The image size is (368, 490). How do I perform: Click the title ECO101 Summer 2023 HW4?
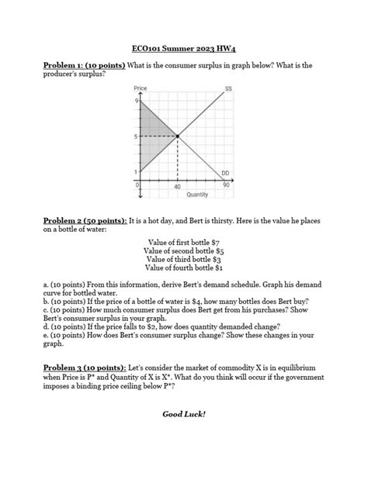(183, 48)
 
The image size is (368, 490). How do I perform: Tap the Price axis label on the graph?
(141, 89)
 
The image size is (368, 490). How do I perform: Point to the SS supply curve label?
(228, 89)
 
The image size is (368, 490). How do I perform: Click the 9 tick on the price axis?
(137, 102)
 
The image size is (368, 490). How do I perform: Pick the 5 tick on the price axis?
(137, 136)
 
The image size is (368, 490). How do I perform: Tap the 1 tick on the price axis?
(137, 171)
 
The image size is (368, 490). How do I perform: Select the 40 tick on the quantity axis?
(178, 187)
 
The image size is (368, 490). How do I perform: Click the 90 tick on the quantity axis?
(225, 186)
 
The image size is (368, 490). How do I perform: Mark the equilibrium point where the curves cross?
(178, 136)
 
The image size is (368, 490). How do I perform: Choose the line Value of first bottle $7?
(183, 243)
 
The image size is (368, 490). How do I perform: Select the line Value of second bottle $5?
(183, 251)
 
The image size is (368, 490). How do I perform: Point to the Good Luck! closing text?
(183, 414)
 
